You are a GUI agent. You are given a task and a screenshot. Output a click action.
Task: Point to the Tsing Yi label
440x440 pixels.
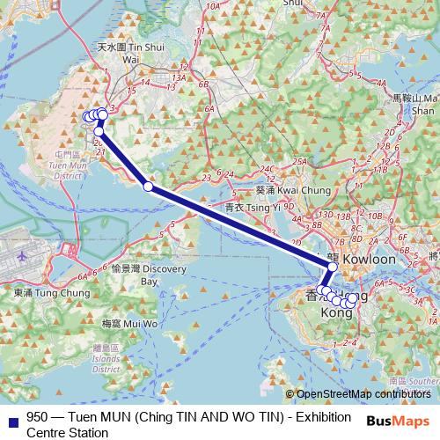tap(253, 208)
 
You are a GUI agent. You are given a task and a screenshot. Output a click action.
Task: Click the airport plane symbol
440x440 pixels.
tap(21, 255)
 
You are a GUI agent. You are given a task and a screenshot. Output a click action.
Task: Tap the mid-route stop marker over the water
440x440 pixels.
tap(148, 186)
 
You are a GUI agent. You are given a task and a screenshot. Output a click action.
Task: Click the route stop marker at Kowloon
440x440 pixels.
tap(332, 267)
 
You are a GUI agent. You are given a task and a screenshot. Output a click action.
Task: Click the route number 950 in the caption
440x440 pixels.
tap(38, 418)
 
